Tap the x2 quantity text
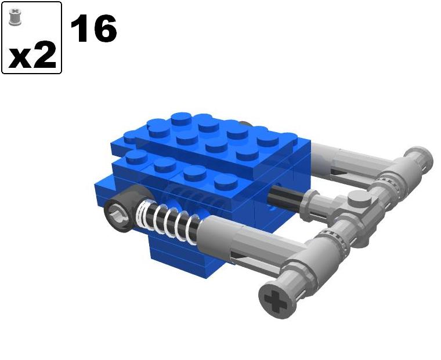[32, 55]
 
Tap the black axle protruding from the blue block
[287, 197]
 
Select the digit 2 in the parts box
[45, 55]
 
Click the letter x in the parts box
[19, 56]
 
